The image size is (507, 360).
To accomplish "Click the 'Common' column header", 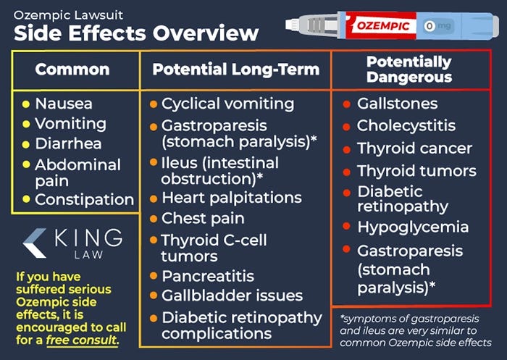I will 72,70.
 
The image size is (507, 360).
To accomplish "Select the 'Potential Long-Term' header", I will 235,70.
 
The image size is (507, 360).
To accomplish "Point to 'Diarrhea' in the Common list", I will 68,143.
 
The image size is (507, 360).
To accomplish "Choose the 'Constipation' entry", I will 84,199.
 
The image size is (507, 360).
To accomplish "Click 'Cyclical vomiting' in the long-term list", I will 227,104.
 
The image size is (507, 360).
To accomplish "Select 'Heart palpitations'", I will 232,197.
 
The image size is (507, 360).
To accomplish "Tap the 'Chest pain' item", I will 203,218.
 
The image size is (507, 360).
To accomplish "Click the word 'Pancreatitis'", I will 208,276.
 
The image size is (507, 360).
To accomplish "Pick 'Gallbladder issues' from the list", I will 232,296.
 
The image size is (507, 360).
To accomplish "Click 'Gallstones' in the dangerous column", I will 398,104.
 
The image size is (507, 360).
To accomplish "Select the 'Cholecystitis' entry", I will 406,125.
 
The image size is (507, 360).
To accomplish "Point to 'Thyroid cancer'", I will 414,148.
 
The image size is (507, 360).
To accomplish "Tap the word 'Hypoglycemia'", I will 413,227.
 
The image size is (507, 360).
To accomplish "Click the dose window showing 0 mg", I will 437,26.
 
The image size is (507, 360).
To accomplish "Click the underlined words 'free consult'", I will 81,339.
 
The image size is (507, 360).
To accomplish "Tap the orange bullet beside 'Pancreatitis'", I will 153,276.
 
